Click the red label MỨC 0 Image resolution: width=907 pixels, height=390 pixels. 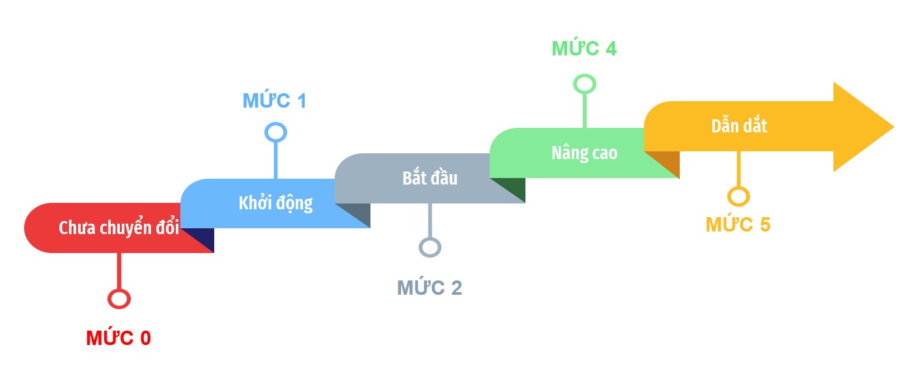(119, 337)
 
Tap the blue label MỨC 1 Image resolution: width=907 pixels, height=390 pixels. (275, 100)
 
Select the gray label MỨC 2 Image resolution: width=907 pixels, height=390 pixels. (430, 288)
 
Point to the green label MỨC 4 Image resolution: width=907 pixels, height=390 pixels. (584, 48)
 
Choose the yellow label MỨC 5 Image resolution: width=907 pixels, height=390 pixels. (738, 224)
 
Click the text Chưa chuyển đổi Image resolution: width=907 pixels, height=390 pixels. (119, 228)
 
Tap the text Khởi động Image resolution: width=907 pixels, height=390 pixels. (275, 203)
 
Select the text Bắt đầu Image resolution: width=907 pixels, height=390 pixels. (430, 177)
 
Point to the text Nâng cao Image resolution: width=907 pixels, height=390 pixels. (584, 153)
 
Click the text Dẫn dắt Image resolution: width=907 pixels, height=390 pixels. (740, 126)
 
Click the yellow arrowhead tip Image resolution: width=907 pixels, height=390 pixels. (893, 127)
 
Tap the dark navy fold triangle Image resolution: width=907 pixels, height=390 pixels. (202, 236)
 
